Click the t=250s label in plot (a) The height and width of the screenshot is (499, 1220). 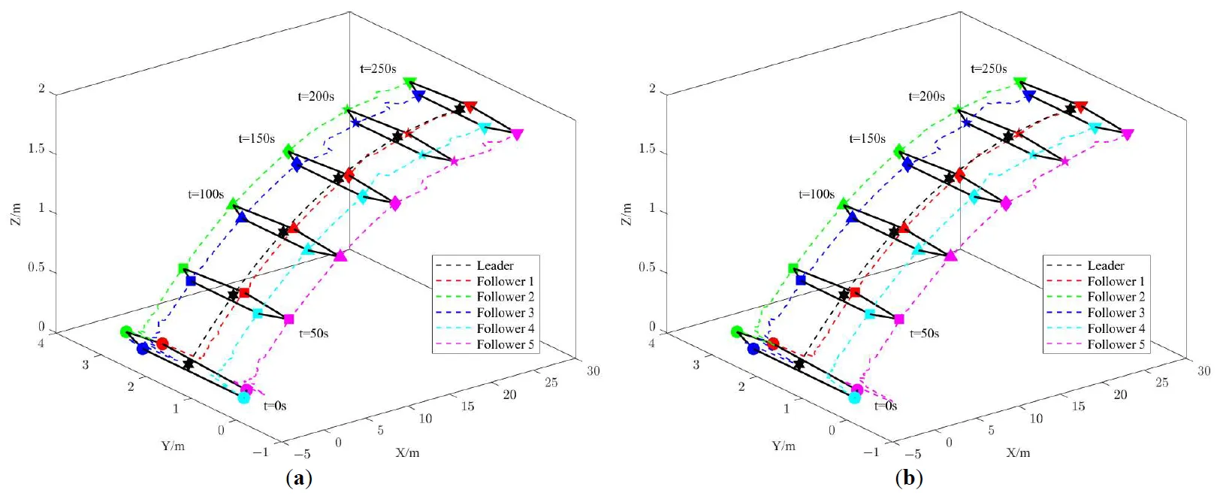tap(378, 69)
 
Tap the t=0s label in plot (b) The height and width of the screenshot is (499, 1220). tap(886, 406)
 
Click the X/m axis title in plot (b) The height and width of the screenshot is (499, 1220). tap(1018, 452)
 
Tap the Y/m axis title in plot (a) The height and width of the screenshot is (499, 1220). tap(173, 446)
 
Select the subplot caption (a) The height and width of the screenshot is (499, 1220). tap(299, 479)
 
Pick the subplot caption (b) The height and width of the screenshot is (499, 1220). tap(909, 479)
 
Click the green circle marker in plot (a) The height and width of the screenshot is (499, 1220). tap(126, 331)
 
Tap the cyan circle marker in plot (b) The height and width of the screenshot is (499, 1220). tap(854, 398)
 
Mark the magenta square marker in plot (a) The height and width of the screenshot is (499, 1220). tap(288, 319)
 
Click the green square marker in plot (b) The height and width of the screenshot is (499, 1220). tap(793, 268)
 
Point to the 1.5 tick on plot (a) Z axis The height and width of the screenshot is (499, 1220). tap(36, 149)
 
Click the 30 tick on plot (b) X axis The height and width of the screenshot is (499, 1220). tap(1203, 370)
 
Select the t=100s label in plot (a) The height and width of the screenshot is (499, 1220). tap(206, 195)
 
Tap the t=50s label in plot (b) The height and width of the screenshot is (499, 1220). tap(924, 334)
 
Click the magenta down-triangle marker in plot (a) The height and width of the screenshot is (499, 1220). tap(517, 135)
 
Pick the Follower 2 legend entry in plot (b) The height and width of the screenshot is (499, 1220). tap(1116, 297)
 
